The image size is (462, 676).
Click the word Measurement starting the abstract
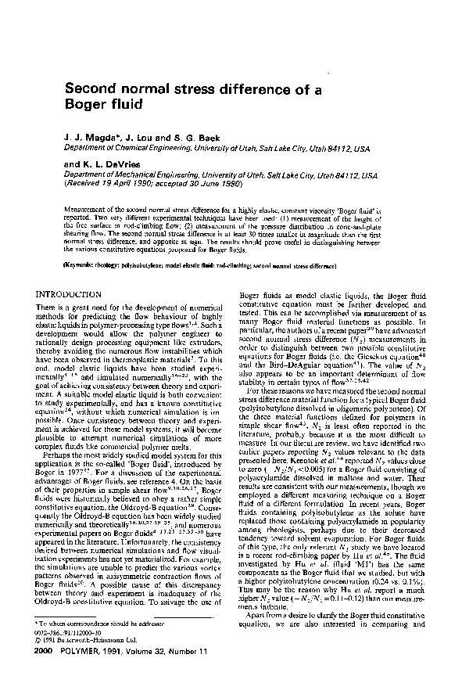pos(83,210)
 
